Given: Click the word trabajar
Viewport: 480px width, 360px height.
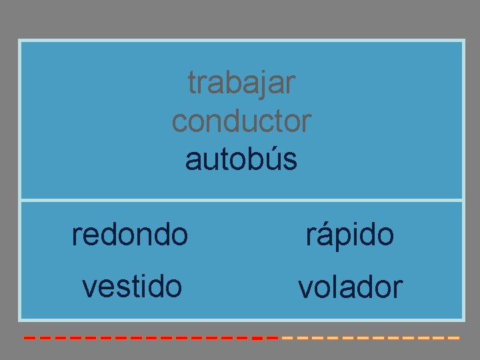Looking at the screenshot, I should point(241,83).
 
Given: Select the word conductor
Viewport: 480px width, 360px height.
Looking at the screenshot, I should point(241,121).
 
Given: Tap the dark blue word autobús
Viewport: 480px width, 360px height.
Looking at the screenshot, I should point(241,160).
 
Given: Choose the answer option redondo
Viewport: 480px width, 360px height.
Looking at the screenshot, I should point(130,234).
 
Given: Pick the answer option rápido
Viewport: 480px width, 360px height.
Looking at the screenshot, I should point(350,234).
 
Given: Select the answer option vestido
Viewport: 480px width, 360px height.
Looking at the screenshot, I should point(131,286).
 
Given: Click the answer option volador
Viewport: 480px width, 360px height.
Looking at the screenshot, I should point(350,287).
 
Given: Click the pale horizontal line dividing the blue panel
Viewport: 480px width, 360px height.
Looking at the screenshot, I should point(241,200).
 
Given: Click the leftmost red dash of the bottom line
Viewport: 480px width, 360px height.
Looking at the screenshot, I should point(29,338).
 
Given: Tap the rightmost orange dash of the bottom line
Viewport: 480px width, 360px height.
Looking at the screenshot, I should point(454,338).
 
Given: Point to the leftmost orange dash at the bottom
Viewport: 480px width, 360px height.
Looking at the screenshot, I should point(288,338).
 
